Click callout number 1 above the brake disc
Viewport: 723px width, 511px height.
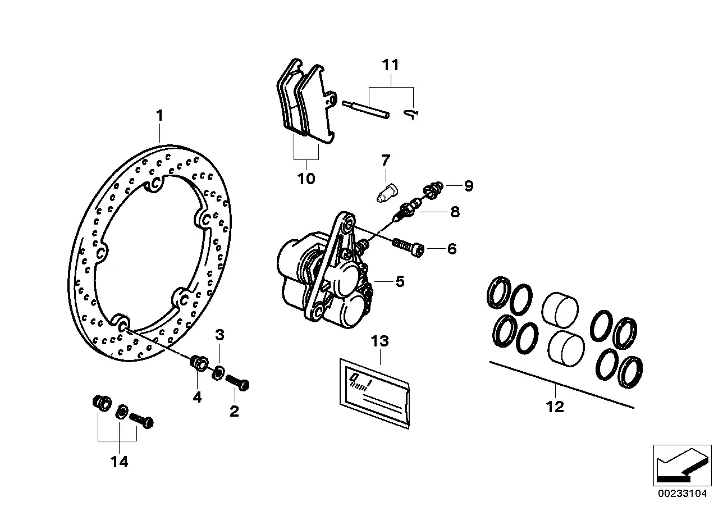point(160,116)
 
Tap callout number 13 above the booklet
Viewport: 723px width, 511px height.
point(380,341)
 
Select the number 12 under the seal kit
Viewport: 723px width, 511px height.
point(555,407)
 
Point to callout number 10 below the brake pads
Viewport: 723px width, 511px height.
point(306,179)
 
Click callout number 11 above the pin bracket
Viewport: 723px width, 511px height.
point(391,65)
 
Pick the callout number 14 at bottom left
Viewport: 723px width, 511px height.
point(119,462)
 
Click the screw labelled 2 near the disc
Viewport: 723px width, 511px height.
point(237,382)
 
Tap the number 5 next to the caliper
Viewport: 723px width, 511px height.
point(400,281)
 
